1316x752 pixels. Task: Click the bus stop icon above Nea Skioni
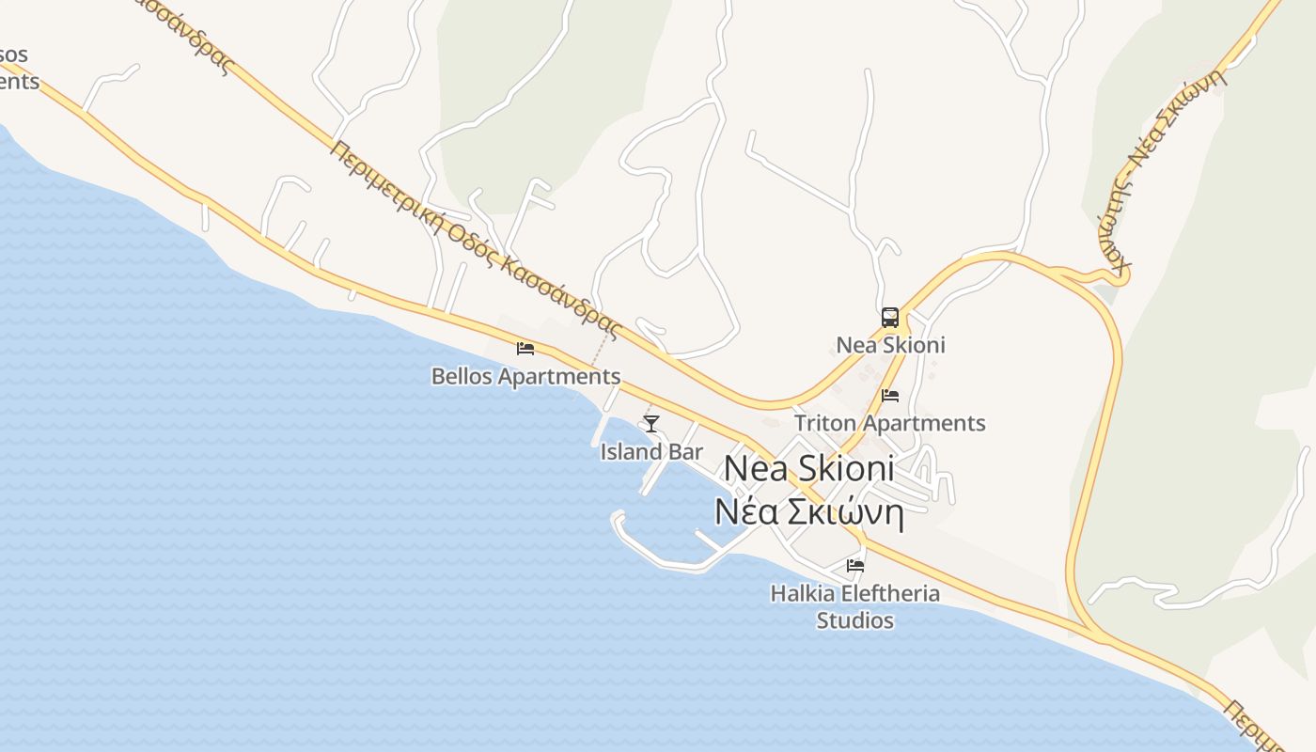[x=889, y=318]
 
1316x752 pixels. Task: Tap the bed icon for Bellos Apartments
[x=525, y=349]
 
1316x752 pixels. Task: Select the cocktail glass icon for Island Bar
[x=650, y=424]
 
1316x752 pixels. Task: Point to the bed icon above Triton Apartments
[x=890, y=396]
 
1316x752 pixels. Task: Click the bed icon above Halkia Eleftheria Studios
[x=855, y=566]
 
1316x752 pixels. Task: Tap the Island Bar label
[x=651, y=452]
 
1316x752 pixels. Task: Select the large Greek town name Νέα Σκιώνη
[x=808, y=513]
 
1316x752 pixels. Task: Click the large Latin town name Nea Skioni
[x=809, y=468]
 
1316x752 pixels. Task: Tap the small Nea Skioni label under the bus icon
[x=890, y=345]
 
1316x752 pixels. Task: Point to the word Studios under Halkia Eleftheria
[x=854, y=620]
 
